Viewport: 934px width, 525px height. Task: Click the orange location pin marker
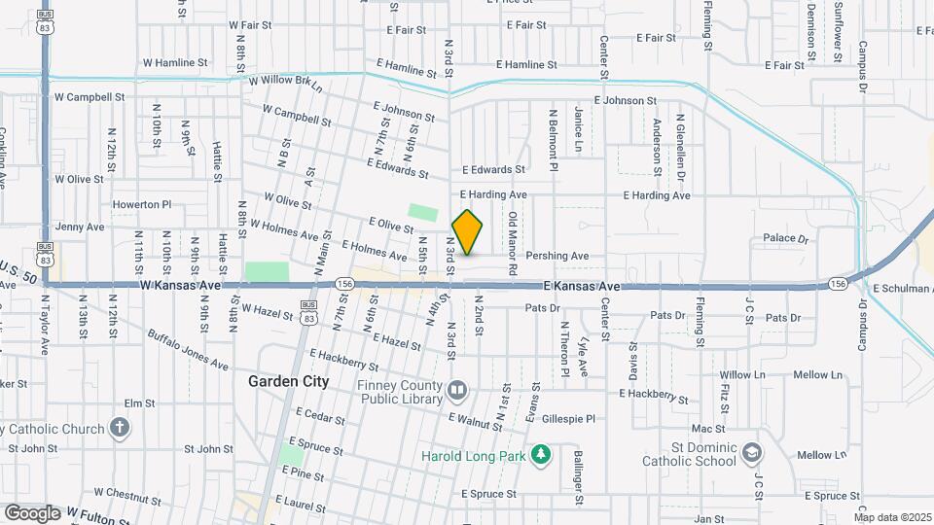[467, 232]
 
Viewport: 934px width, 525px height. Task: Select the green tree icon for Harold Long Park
[540, 454]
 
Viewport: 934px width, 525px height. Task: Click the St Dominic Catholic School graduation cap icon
[752, 453]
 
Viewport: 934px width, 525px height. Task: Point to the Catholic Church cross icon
[119, 428]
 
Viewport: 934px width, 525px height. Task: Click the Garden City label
[288, 381]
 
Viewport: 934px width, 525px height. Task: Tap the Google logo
[32, 512]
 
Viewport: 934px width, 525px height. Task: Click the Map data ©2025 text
[892, 517]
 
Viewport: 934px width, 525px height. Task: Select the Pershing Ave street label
[557, 256]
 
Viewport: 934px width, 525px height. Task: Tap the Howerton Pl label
[142, 204]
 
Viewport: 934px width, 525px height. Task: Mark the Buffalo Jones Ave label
[188, 350]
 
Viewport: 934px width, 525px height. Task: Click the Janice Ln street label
[578, 128]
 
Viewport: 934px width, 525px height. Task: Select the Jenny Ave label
[80, 227]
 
